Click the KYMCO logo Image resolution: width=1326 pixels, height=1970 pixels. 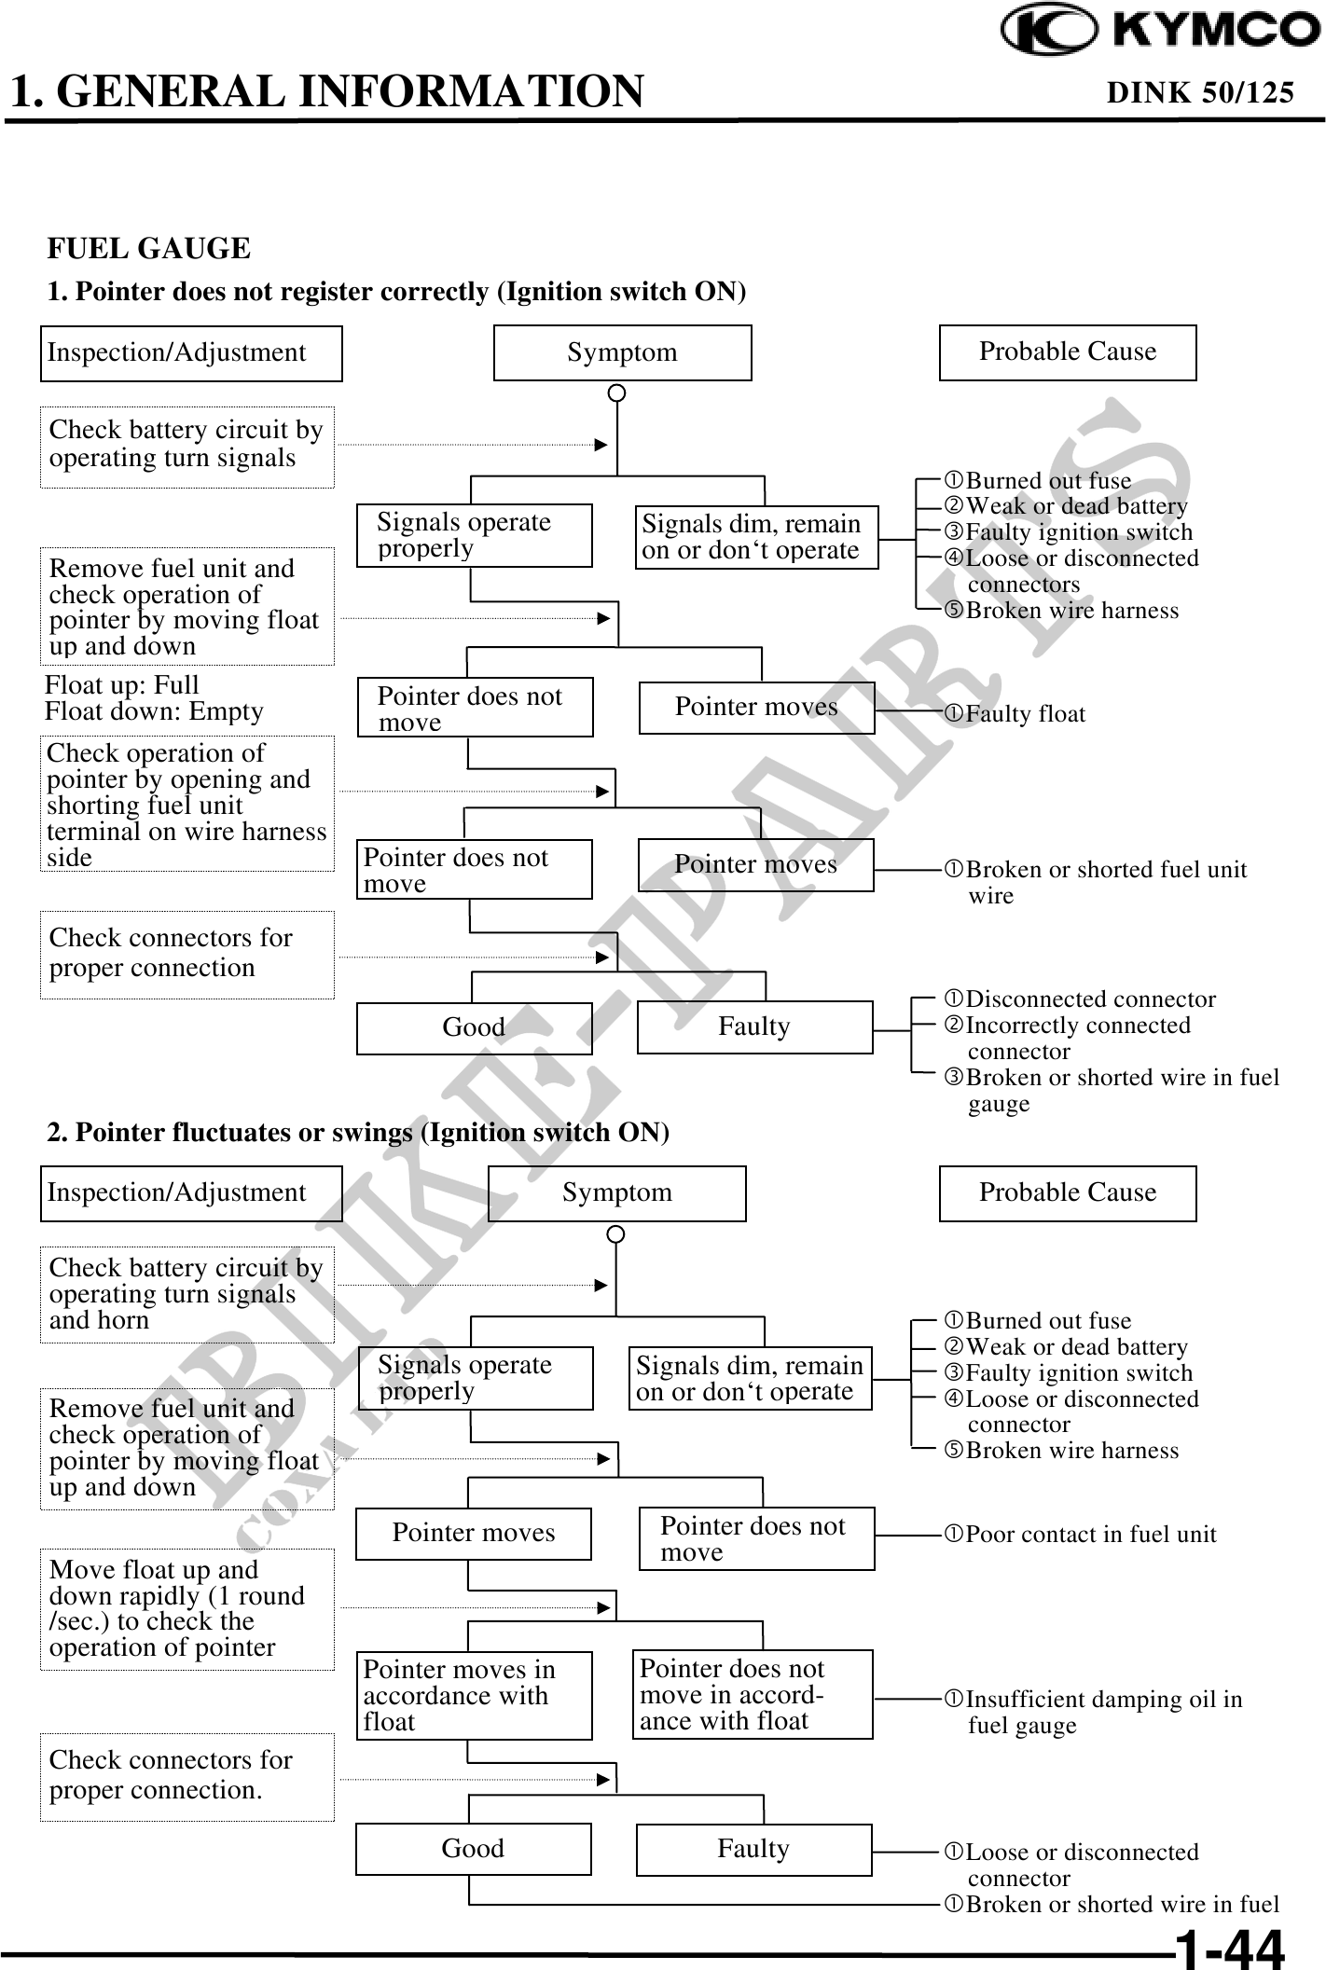(1161, 30)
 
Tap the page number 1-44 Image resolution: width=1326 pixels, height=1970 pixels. (1229, 1948)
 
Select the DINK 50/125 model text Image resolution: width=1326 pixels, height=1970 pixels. (1199, 92)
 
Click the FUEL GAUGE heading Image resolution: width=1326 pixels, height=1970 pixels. (149, 249)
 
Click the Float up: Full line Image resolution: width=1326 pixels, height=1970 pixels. (122, 685)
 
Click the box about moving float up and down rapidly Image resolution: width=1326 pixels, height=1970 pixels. (186, 1608)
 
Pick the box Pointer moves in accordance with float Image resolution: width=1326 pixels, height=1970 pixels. (474, 1695)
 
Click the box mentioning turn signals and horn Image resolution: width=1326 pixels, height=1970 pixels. (186, 1294)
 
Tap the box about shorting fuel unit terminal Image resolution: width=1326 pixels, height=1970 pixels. (186, 804)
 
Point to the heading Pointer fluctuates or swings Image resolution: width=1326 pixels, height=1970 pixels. (358, 1132)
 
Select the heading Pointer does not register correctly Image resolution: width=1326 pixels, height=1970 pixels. (396, 292)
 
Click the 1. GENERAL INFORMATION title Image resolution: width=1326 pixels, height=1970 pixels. (326, 91)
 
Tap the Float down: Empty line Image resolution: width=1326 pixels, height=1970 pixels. (154, 711)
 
